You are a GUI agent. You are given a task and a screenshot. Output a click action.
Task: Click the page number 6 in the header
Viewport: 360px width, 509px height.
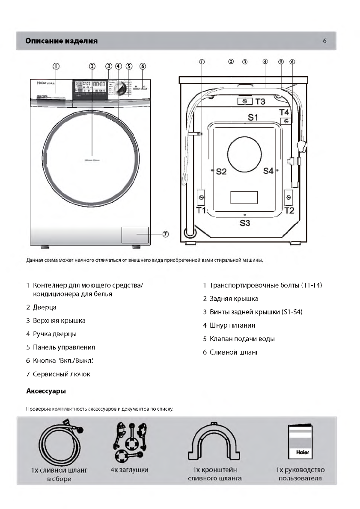click(x=324, y=41)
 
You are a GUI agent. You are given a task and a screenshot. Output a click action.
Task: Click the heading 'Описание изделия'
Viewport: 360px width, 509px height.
click(x=61, y=41)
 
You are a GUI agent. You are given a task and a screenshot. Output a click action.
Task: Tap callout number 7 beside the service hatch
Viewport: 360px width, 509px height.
click(x=165, y=234)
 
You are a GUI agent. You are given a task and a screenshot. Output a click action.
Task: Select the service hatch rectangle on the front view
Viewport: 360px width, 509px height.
click(x=135, y=235)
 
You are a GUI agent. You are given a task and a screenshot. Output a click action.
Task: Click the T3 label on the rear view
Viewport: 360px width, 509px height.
click(x=260, y=102)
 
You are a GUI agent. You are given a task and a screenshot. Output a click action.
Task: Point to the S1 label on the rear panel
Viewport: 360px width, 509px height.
click(x=253, y=117)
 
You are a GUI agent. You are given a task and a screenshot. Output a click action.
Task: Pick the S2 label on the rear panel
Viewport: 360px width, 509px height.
click(x=221, y=172)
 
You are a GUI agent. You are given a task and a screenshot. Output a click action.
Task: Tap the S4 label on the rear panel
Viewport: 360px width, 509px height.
click(x=268, y=171)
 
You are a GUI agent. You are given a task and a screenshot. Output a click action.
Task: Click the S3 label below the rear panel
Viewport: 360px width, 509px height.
click(x=245, y=223)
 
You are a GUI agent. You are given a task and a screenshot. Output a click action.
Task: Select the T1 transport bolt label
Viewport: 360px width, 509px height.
click(x=201, y=210)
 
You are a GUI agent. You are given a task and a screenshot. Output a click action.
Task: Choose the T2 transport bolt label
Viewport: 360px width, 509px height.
click(x=289, y=210)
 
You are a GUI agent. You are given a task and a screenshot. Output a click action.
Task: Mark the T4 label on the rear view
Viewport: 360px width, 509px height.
click(x=284, y=112)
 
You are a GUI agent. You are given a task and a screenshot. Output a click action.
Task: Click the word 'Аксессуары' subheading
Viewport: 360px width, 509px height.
click(x=46, y=391)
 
